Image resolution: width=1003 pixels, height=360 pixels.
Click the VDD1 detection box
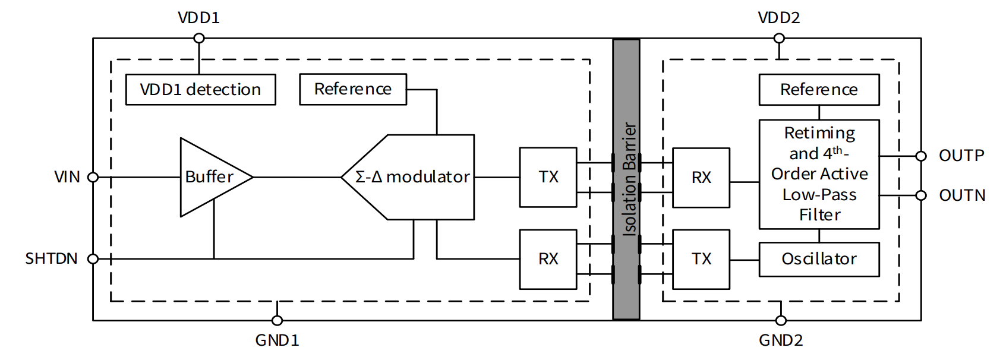[200, 90]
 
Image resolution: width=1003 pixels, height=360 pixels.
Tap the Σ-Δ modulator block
[416, 177]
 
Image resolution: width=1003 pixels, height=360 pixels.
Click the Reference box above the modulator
[353, 89]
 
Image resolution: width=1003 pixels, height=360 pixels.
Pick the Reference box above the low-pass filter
[819, 90]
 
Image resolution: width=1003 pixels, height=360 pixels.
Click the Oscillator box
[819, 259]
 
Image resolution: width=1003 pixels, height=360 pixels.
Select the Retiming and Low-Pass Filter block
[819, 174]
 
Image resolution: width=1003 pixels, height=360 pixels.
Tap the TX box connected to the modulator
[548, 177]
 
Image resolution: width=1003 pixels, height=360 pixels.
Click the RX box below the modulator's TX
[548, 259]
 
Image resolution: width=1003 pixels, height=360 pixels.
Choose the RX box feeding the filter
[701, 178]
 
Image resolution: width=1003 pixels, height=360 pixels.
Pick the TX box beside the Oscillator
[701, 259]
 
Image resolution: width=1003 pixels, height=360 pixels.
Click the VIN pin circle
[93, 177]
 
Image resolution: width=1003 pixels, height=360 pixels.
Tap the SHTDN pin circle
[93, 259]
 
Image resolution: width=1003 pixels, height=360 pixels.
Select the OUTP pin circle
[921, 156]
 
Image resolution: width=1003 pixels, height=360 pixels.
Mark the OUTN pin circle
[921, 195]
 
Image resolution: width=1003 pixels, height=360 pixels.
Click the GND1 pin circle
[277, 321]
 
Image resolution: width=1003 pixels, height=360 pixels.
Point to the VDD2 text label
[778, 18]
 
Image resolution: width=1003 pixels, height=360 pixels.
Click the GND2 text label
[781, 340]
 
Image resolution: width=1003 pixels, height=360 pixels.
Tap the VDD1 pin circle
[199, 39]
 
